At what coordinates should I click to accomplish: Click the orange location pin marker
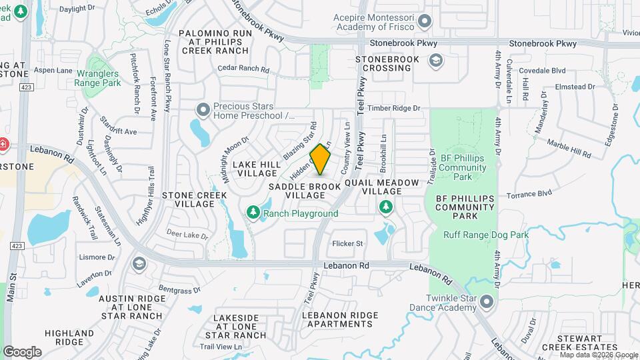[x=321, y=159]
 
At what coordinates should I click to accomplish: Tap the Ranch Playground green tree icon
[x=253, y=213]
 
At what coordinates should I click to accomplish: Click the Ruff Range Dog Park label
[x=485, y=235]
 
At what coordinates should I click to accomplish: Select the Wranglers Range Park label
[x=97, y=78]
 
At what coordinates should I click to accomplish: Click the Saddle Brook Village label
[x=305, y=191]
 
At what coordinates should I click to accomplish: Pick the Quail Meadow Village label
[x=381, y=187]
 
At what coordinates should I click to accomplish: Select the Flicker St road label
[x=347, y=243]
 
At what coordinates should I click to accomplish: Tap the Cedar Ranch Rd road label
[x=243, y=69]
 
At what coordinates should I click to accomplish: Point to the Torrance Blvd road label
[x=529, y=195]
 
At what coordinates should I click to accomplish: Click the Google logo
[x=22, y=352]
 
